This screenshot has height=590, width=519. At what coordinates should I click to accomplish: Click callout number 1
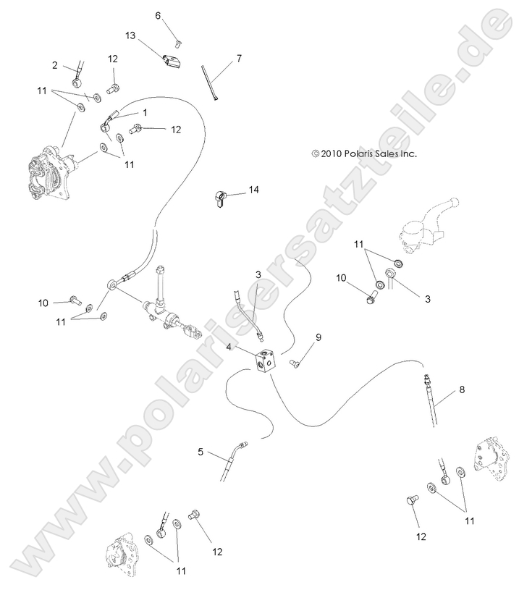point(145,113)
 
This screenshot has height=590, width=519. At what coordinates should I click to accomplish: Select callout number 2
point(55,66)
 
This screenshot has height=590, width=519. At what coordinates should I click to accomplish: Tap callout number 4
point(229,347)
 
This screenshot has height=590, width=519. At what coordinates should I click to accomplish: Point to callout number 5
point(200,452)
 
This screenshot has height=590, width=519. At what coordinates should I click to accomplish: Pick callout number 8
point(463,389)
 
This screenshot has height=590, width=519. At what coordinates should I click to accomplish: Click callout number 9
point(318,337)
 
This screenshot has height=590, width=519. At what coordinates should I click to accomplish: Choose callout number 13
point(130,35)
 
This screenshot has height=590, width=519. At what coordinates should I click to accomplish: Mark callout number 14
point(253,190)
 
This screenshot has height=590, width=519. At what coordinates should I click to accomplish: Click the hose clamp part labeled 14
point(221,198)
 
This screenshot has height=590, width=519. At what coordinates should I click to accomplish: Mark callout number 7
point(239,57)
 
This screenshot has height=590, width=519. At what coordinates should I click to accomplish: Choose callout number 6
point(159,15)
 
